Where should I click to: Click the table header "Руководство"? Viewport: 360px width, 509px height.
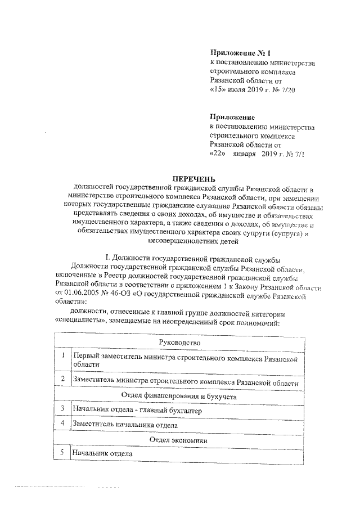pos(179,342)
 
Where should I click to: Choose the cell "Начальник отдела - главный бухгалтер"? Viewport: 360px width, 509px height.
pos(137,411)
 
